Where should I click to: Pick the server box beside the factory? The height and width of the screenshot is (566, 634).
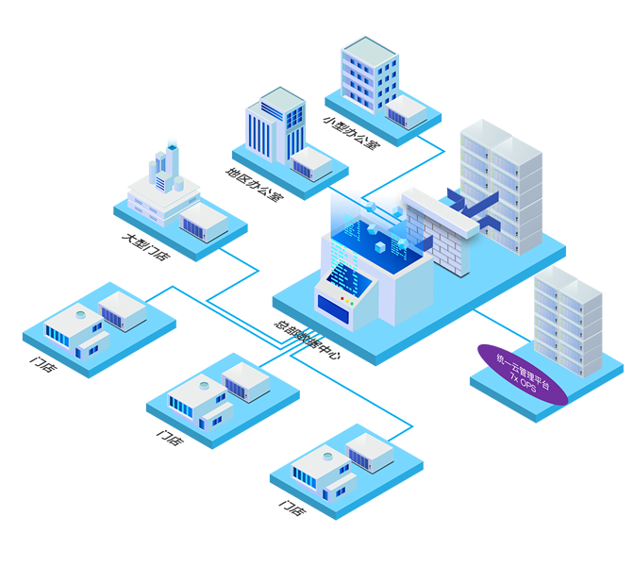point(205,223)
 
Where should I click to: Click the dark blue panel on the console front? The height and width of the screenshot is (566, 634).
point(330,305)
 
